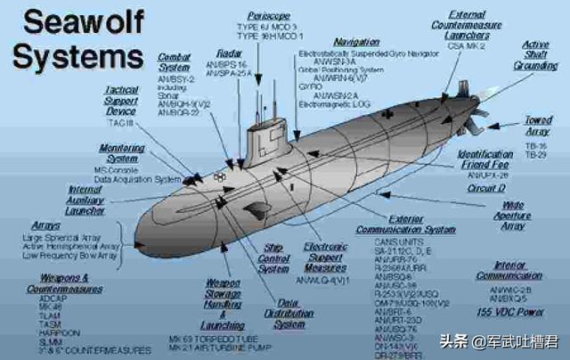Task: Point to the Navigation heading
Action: coord(356,42)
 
